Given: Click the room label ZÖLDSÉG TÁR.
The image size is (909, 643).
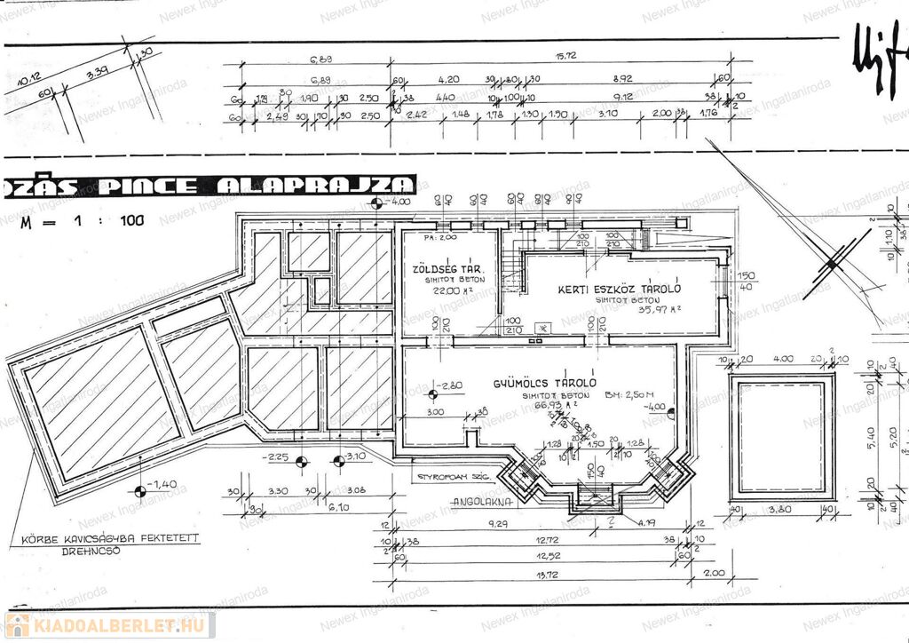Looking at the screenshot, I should pyautogui.click(x=447, y=267).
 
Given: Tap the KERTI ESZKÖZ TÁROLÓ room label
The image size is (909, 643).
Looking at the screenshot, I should pyautogui.click(x=619, y=289).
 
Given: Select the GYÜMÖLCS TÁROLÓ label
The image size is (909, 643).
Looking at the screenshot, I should pyautogui.click(x=545, y=383).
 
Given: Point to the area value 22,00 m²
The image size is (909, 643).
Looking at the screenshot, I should pyautogui.click(x=447, y=290).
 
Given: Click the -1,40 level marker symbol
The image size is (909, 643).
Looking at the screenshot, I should pyautogui.click(x=139, y=492).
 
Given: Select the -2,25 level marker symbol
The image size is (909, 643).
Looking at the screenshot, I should pyautogui.click(x=301, y=462).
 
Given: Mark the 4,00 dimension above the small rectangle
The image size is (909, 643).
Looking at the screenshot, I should pyautogui.click(x=783, y=359).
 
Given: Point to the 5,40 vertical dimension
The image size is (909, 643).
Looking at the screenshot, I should pyautogui.click(x=871, y=435).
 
